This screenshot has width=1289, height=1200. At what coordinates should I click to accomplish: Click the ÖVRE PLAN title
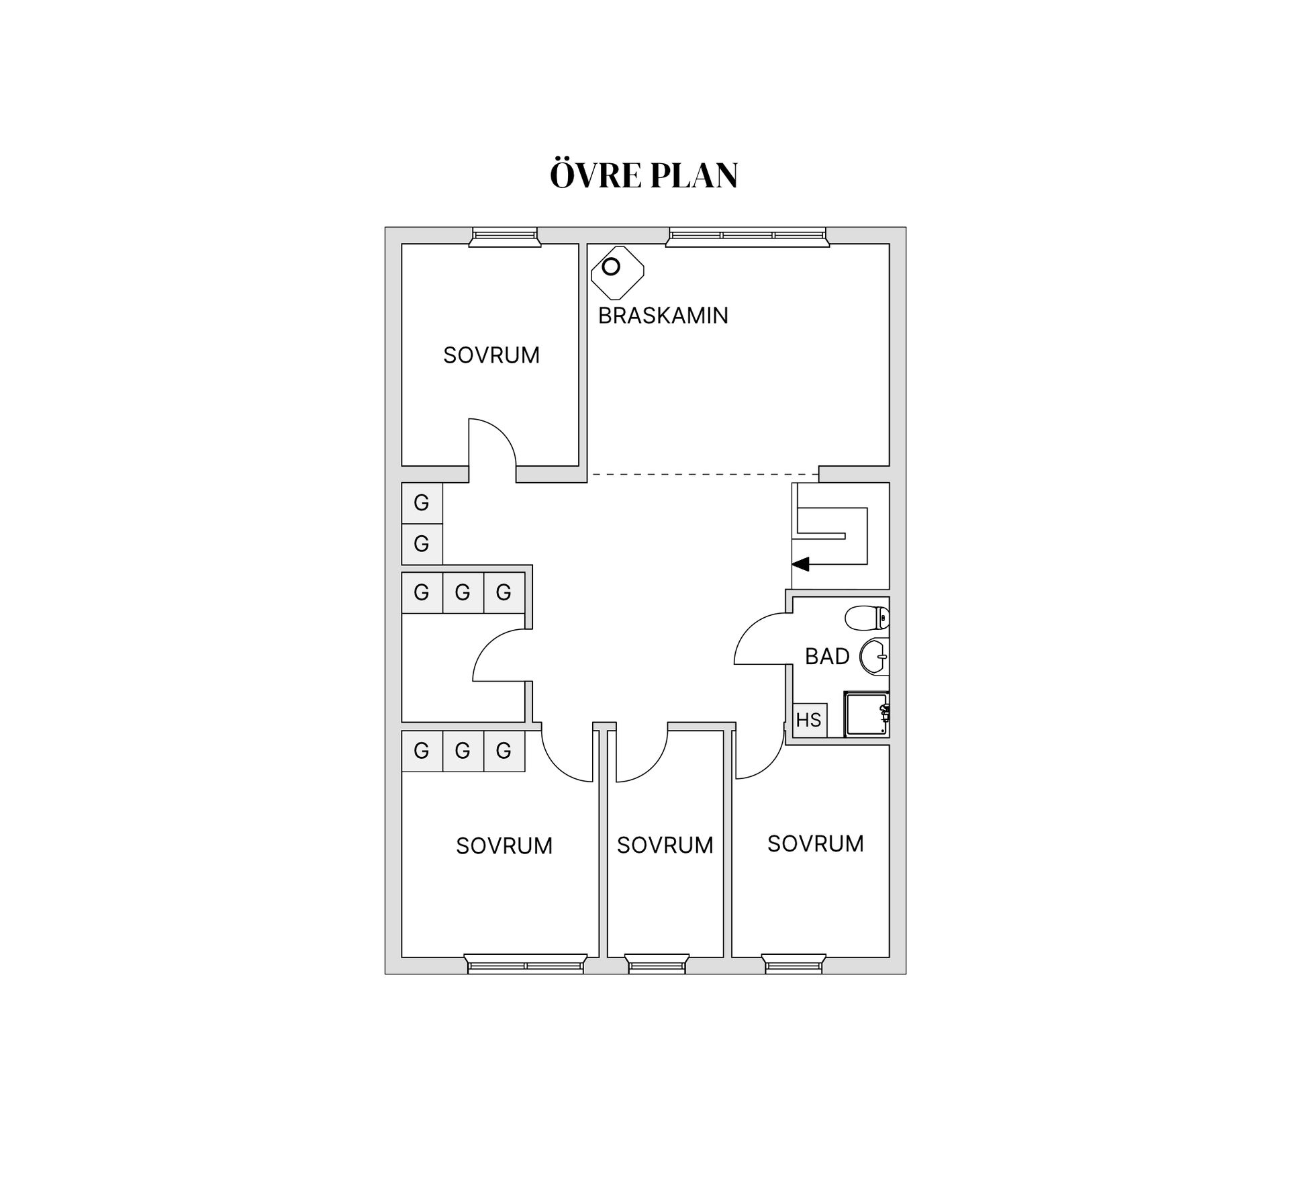[643, 175]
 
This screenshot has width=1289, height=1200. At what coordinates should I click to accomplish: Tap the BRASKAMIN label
[663, 316]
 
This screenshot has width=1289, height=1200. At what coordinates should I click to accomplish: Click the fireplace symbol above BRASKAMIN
[617, 272]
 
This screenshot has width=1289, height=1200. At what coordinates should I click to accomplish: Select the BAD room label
[827, 656]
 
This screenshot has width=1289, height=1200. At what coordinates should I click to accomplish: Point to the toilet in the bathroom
[867, 617]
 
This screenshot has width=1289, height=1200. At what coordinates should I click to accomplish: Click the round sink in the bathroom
[874, 656]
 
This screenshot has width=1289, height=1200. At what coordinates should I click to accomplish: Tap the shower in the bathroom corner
[867, 714]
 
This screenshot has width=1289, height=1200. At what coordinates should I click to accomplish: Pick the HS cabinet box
[809, 720]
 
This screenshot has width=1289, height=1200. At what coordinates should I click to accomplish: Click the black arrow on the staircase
[800, 564]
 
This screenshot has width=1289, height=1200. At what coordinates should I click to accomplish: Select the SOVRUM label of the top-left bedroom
[491, 355]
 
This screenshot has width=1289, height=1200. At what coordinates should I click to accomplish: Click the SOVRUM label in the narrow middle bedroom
[665, 845]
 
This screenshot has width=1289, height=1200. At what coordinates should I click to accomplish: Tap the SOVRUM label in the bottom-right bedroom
[815, 843]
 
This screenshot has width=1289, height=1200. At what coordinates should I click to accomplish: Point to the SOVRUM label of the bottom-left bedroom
[504, 845]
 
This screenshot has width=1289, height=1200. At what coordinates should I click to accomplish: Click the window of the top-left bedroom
[505, 236]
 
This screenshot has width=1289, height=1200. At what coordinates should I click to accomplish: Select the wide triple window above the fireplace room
[747, 236]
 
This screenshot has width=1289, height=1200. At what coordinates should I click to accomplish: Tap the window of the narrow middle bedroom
[657, 965]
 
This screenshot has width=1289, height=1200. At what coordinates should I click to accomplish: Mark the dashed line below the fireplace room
[705, 475]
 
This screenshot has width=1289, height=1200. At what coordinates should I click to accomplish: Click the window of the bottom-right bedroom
[794, 965]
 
